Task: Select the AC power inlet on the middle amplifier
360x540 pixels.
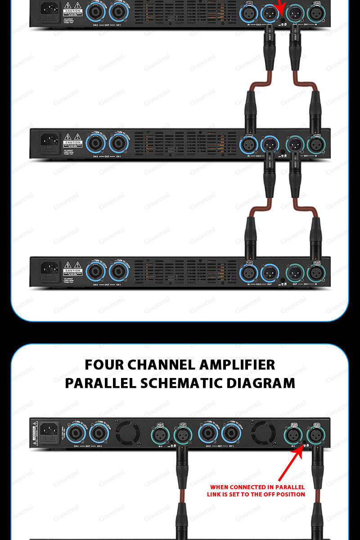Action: click(49, 141)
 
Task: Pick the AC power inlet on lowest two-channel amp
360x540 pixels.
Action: click(49, 270)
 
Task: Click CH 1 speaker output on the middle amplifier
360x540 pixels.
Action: click(119, 144)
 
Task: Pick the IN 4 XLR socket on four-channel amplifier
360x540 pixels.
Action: click(160, 435)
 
